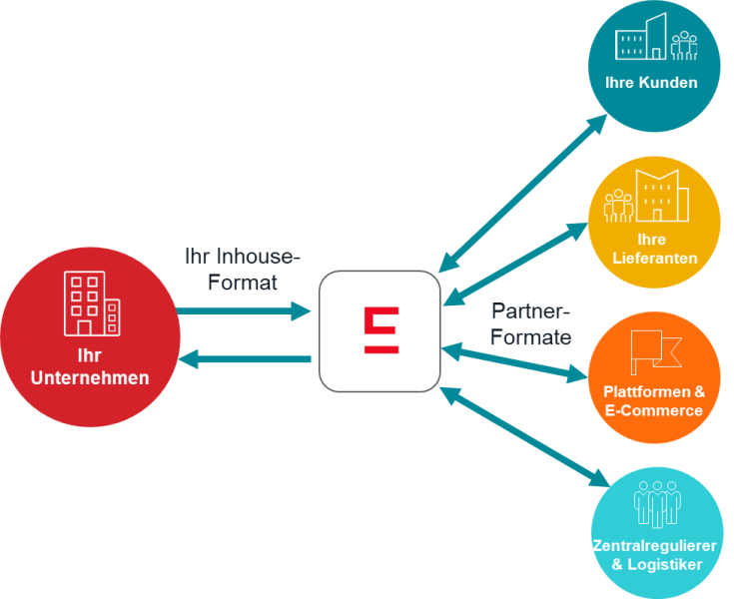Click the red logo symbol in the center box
coord(380,330)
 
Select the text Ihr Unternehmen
coord(90,366)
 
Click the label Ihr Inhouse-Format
coord(242,269)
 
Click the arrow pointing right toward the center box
coord(246,312)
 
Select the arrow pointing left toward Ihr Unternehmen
coord(246,358)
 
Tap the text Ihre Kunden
coord(651,83)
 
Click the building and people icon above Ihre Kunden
coord(655,39)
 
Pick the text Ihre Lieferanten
coord(653,250)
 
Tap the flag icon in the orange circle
coord(654,350)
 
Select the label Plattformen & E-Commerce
coord(653,400)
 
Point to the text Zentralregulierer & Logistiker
coord(655,555)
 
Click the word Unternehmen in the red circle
coord(90,378)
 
